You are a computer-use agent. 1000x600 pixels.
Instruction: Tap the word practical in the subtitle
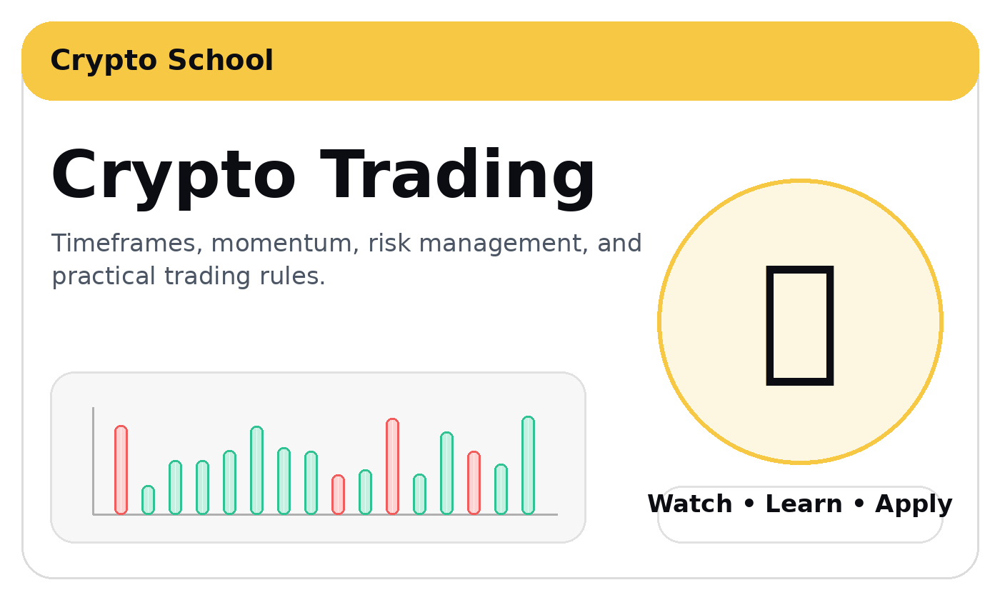tap(104, 276)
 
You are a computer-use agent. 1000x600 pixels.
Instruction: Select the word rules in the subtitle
tap(292, 276)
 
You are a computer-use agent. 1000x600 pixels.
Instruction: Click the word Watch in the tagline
tap(689, 504)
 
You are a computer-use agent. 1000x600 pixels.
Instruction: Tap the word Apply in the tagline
tap(914, 505)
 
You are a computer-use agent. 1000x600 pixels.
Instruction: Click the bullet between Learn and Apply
tap(859, 504)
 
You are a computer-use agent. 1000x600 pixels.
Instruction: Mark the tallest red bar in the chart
tap(392, 466)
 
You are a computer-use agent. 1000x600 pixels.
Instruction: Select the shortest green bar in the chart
tap(148, 500)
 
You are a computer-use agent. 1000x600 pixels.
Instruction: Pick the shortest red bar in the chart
tap(338, 494)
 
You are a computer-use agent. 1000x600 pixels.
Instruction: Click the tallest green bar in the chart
tap(528, 465)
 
